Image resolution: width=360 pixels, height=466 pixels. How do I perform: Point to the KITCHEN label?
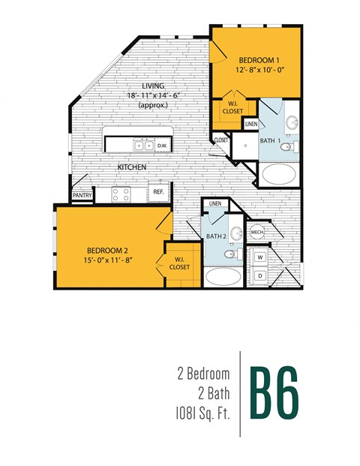(131, 167)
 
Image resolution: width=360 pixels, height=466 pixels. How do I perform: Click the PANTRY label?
(82, 195)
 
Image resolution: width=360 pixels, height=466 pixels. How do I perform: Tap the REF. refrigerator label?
(158, 192)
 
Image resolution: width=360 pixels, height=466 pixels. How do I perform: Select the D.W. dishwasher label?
(162, 146)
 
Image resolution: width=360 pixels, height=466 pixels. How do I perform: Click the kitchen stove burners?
(121, 194)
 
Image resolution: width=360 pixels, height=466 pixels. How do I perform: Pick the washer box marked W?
(259, 257)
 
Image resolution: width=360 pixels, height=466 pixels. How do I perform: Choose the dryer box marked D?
(259, 276)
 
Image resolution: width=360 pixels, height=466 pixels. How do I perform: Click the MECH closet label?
(256, 231)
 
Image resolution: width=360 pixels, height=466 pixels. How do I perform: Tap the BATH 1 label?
(271, 141)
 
